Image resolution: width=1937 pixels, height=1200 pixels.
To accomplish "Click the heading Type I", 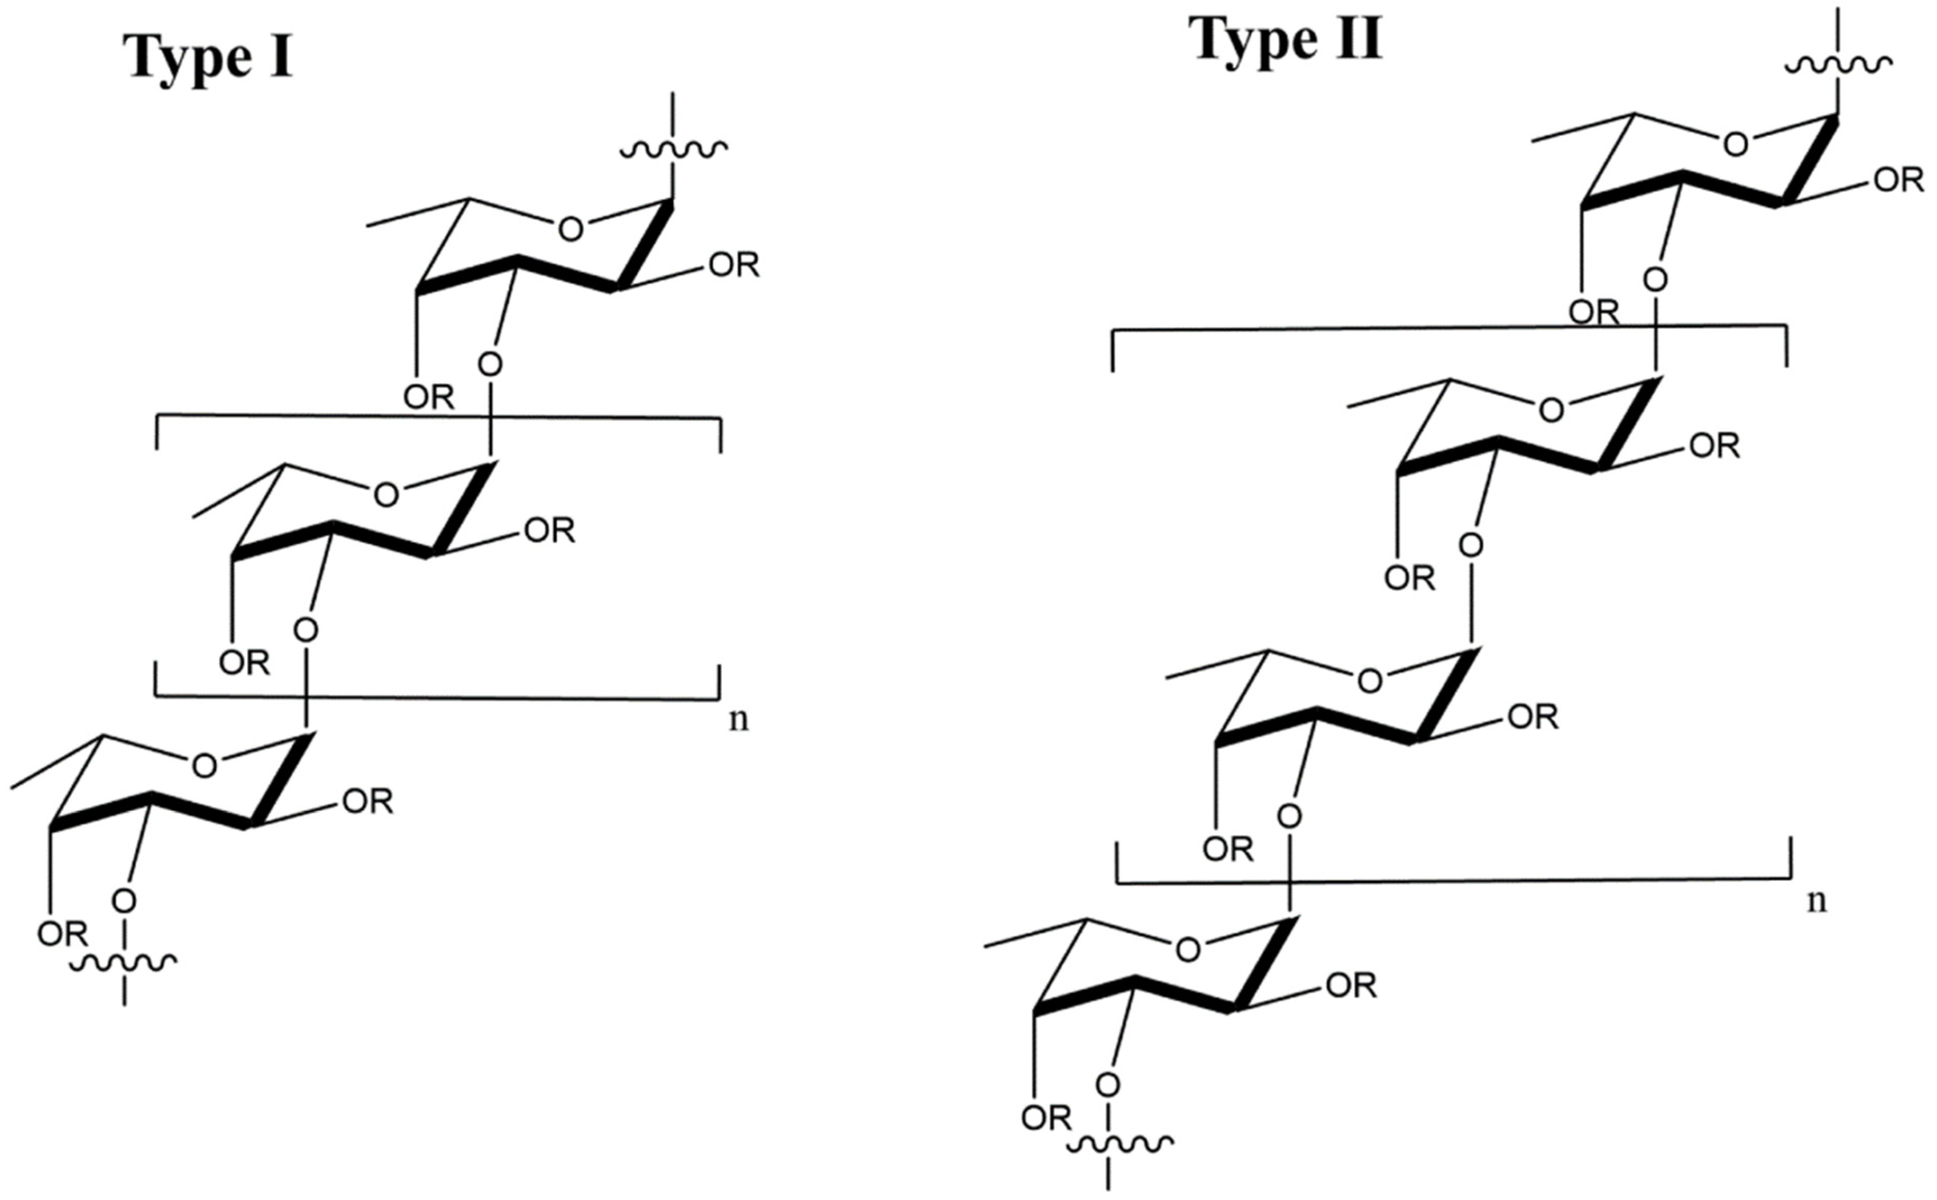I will pos(208,59).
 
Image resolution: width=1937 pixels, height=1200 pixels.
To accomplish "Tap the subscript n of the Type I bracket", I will pos(738,720).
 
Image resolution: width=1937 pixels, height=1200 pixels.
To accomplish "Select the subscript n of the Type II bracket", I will pos(1816,901).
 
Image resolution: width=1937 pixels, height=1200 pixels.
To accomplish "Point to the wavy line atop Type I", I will pos(673,148).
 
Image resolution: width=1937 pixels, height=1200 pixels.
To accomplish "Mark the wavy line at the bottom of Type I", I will pos(124,963).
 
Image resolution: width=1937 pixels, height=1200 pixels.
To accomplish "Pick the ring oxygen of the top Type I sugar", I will pos(571,230).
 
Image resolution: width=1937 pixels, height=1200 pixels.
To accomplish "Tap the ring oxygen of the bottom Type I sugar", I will pos(204,766).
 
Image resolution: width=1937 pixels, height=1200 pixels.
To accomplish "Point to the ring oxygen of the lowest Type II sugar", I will pos(1187,949).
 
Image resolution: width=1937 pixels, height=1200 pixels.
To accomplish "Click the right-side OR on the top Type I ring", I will pos(734,266).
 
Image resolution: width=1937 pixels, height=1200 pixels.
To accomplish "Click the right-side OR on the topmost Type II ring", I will pos(1899,181).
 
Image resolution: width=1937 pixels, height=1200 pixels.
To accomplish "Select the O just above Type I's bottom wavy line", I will pos(124,901).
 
